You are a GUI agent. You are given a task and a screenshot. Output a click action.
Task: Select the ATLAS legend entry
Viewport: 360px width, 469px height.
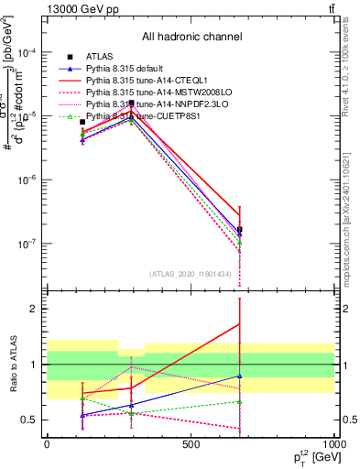click(x=100, y=57)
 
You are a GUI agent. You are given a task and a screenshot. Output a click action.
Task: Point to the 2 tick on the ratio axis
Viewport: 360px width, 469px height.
click(x=37, y=309)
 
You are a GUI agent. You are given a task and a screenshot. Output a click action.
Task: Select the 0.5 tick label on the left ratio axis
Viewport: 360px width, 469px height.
click(x=31, y=420)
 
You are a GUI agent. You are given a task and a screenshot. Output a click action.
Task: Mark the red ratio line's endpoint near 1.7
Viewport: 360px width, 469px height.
click(x=239, y=323)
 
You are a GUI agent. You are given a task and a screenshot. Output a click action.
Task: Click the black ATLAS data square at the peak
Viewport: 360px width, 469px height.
click(x=132, y=103)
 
